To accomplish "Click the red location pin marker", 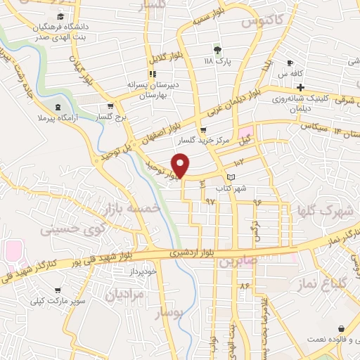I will [181, 166].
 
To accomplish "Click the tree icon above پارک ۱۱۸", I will [217, 50].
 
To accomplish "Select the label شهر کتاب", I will [232, 188].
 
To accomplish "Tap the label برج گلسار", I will [113, 118].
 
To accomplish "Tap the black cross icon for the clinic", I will [300, 88].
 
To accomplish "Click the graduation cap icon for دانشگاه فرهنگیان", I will [60, 16].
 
